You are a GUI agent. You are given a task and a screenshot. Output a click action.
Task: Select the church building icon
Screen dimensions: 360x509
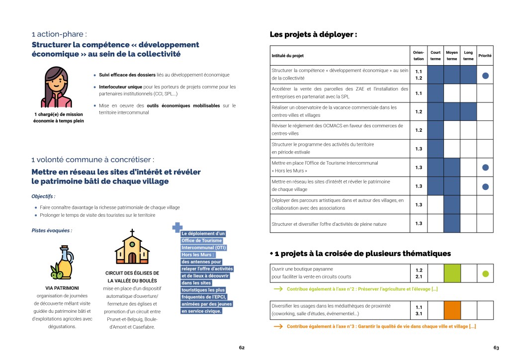coord(132,249)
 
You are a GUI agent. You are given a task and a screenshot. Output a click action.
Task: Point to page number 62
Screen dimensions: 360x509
coord(242,348)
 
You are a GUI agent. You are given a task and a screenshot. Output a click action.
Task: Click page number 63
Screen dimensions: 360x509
coord(496,348)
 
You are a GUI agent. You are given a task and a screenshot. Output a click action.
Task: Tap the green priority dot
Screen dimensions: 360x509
coord(486,273)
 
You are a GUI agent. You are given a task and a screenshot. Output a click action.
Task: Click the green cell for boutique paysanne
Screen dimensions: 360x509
coord(452,273)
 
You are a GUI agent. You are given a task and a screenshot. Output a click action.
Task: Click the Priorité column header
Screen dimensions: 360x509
coord(485,56)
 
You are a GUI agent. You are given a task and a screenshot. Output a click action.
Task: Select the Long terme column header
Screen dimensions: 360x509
coord(468,56)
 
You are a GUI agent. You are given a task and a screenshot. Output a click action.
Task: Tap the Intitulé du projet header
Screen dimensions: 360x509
coord(287,56)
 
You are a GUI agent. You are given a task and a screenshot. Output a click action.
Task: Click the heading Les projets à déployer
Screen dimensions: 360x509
coord(313,35)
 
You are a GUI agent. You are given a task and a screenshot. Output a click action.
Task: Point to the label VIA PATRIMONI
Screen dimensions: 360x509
coord(62,288)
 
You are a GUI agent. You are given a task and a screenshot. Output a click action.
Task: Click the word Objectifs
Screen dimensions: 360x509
coord(43,196)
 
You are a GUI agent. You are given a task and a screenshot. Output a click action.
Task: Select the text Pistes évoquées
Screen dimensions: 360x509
coord(52,231)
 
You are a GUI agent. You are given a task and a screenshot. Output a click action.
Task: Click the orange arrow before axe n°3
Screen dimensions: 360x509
coord(279,327)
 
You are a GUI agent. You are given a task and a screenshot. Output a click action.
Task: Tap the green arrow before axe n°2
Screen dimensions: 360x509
coord(279,289)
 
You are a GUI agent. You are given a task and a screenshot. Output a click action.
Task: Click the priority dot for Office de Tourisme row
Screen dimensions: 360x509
coord(486,168)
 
